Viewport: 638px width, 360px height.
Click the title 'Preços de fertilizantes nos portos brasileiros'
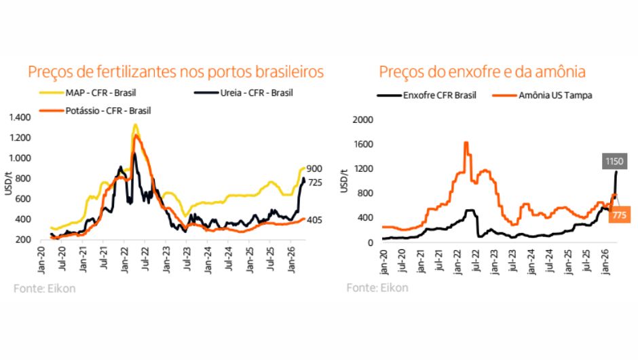point(176,72)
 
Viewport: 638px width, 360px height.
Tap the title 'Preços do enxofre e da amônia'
point(482,72)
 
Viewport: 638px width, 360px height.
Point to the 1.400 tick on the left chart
point(20,118)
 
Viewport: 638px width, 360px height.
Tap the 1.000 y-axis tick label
point(20,158)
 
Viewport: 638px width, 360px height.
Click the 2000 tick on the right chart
point(363,120)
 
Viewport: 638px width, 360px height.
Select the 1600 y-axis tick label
point(363,144)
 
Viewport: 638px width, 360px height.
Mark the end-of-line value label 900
point(314,168)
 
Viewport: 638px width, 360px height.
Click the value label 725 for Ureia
point(315,183)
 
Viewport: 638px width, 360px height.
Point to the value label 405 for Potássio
point(314,220)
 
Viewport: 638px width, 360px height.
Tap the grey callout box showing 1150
point(614,161)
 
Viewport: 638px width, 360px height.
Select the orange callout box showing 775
point(619,215)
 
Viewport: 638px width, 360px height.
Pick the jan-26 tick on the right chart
point(606,262)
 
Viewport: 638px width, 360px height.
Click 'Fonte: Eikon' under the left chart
point(44,289)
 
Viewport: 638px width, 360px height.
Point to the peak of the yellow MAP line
point(136,125)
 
